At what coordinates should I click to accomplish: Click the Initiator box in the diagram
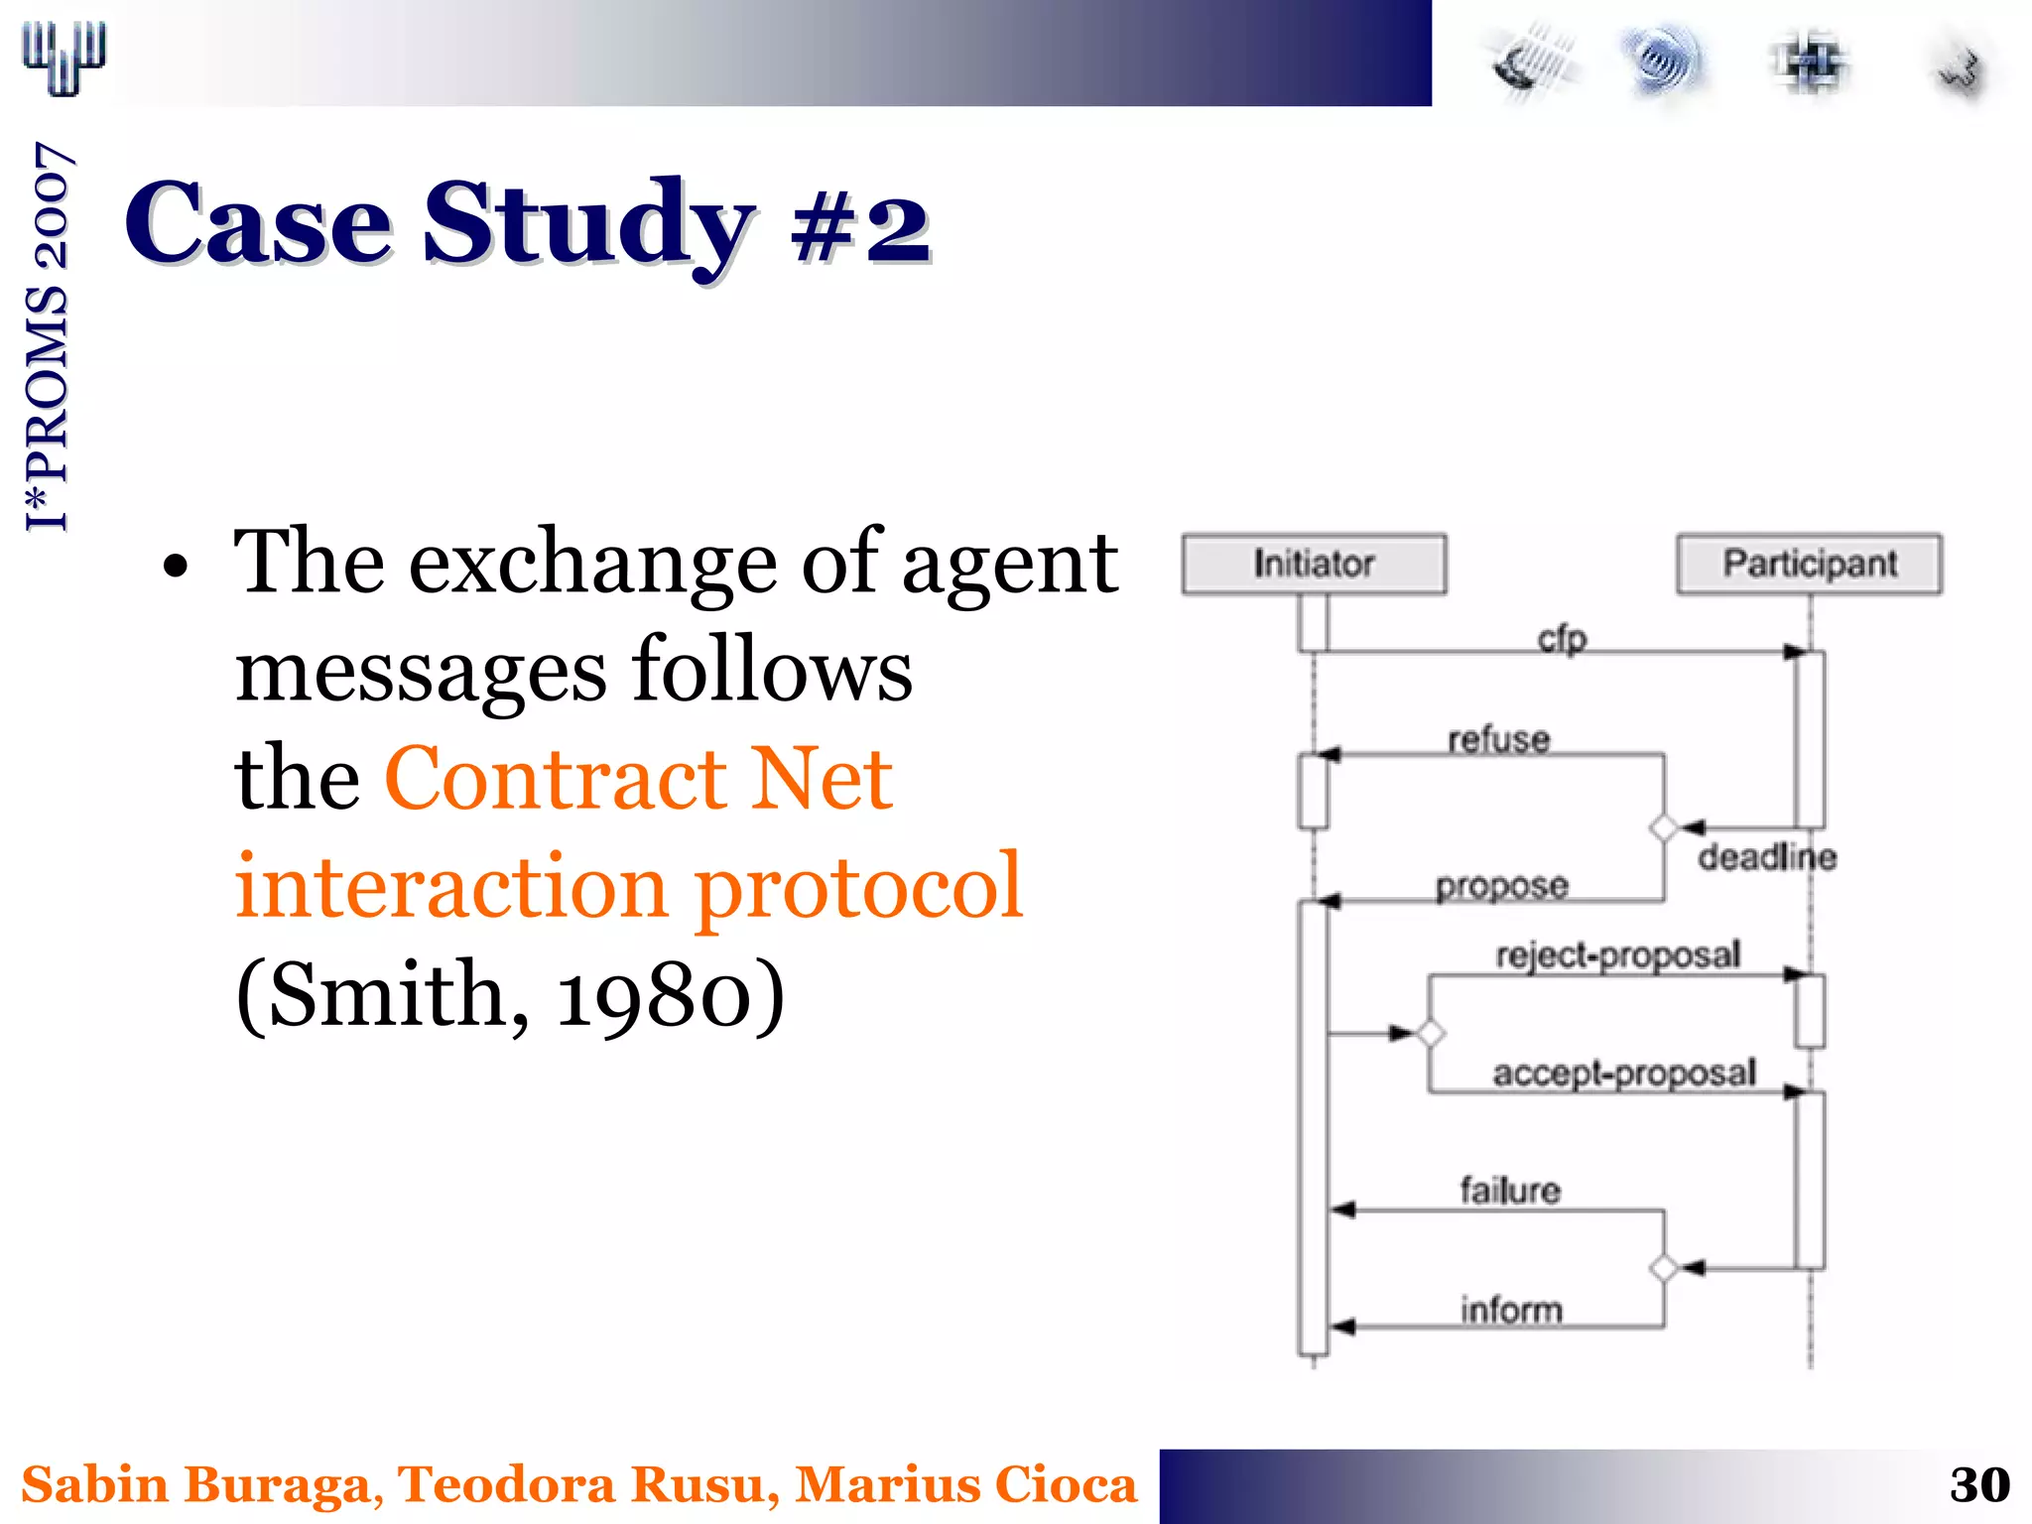coord(1314,564)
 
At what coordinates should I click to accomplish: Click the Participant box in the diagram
coord(1809,564)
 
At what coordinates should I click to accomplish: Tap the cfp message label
coord(1562,638)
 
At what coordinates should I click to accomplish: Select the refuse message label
coord(1498,739)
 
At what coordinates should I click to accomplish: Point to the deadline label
coord(1766,856)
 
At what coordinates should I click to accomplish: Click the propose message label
coord(1501,885)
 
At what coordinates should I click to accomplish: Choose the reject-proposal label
coord(1617,954)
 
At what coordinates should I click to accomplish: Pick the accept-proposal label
coord(1623,1073)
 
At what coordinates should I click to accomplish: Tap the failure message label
coord(1509,1190)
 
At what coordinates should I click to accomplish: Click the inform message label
coord(1510,1310)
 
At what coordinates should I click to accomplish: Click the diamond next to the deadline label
coord(1664,826)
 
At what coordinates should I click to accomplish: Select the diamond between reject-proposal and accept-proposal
coord(1430,1034)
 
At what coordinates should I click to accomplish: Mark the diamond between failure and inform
coord(1664,1268)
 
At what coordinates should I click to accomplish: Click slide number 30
coord(1978,1485)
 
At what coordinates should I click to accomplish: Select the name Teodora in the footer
coord(507,1485)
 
